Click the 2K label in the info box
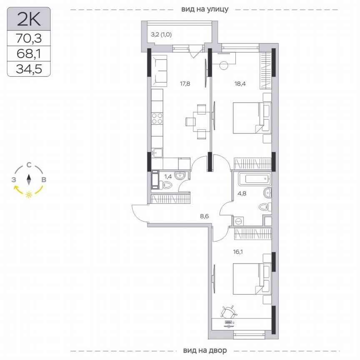[28, 19]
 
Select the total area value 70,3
[28, 39]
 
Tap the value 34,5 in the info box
[28, 68]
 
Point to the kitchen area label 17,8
[185, 83]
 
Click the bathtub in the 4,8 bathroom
[254, 180]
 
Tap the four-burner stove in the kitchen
[157, 119]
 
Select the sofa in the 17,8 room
[158, 71]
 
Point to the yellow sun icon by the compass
[28, 195]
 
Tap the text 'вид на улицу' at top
[205, 9]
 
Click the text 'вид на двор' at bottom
[205, 350]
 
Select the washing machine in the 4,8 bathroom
[239, 221]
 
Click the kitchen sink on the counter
[157, 152]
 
